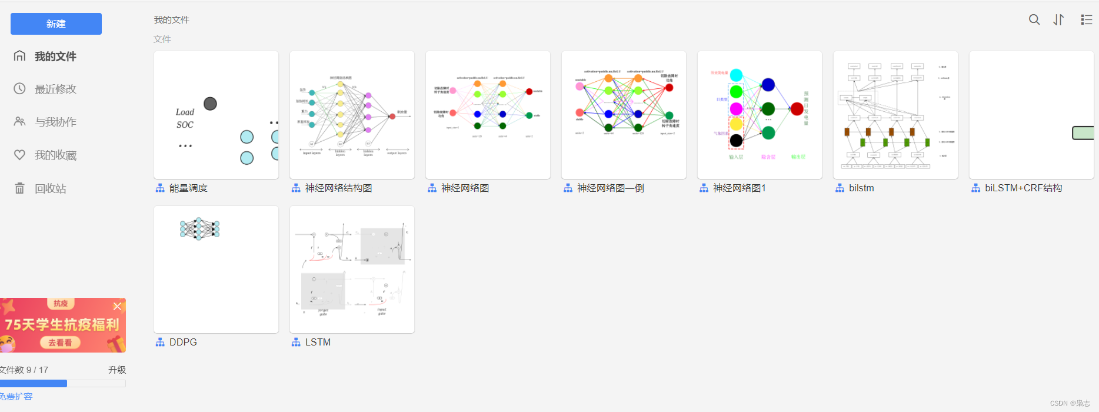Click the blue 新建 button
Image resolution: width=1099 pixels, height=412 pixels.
[56, 24]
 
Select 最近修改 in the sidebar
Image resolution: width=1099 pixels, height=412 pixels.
[55, 89]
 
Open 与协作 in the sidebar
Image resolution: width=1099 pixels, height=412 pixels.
[55, 122]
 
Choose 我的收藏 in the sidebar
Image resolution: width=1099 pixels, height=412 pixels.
[55, 155]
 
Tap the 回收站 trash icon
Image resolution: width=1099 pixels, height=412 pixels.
[19, 188]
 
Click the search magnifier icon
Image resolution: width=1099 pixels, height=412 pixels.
[1034, 19]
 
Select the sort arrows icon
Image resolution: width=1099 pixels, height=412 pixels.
[1058, 19]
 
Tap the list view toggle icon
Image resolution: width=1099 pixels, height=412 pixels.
[1086, 19]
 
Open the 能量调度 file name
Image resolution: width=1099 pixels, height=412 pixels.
[188, 188]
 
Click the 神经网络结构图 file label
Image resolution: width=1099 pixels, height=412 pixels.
[338, 188]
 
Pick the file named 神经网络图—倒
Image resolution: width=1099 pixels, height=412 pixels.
[610, 188]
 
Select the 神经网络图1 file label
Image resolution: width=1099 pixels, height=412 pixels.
[739, 188]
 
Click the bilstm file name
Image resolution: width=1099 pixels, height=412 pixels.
[861, 188]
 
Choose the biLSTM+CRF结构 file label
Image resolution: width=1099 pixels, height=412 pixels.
[1023, 188]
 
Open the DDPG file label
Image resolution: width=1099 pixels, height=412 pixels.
[183, 342]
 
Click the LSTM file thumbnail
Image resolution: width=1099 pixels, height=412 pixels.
[352, 270]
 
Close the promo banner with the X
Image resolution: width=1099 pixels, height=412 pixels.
[117, 306]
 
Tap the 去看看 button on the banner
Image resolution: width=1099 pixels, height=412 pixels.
[60, 342]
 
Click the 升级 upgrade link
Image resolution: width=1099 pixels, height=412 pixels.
[117, 370]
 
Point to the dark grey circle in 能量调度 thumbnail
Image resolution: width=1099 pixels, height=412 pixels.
[210, 104]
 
